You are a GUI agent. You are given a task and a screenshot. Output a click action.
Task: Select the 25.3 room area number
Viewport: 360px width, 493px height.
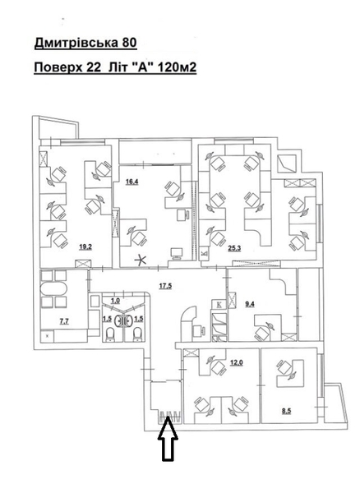234,248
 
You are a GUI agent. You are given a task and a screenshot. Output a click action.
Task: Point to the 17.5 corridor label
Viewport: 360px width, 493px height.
165,286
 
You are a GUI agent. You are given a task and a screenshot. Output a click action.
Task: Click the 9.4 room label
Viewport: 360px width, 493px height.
249,304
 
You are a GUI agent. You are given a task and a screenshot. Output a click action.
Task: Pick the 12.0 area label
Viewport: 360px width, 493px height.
237,362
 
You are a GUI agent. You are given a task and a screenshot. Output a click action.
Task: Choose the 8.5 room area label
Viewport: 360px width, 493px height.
286,411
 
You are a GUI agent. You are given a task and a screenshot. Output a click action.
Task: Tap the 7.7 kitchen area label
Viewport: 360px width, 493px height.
64,321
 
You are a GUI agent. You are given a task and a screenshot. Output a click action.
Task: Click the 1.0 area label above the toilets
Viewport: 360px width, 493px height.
115,301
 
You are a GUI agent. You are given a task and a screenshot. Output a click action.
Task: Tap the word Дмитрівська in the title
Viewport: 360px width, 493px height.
76,44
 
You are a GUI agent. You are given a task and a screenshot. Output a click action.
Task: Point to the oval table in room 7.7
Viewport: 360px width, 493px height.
53,289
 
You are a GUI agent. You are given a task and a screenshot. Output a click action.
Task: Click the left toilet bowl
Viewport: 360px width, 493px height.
111,334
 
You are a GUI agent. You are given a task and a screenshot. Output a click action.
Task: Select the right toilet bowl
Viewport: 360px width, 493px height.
137,334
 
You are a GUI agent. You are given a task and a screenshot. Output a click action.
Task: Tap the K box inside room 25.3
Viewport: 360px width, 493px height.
204,252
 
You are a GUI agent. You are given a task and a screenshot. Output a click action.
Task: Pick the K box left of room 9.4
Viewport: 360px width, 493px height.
219,304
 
